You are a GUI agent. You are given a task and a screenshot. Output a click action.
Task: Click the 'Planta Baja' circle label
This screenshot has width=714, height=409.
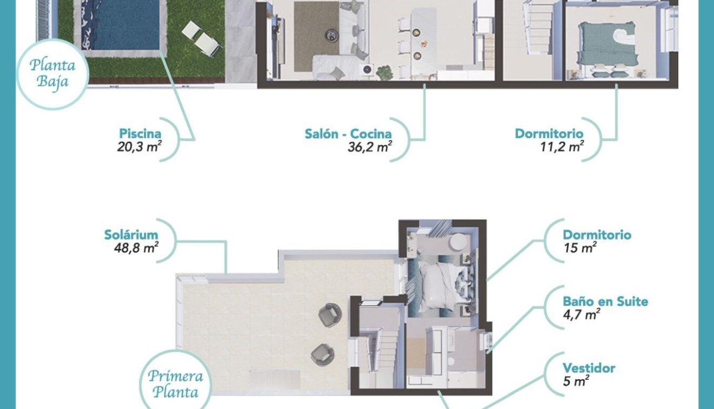tap(53, 75)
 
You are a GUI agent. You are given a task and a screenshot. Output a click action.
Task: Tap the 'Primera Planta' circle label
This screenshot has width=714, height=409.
tap(175, 384)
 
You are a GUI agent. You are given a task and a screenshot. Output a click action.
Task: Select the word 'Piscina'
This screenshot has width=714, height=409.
tap(140, 134)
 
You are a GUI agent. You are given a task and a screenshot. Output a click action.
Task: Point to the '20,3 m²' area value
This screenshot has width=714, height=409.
tap(139, 147)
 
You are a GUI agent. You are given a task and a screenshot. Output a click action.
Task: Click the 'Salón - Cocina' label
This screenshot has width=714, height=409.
tap(348, 134)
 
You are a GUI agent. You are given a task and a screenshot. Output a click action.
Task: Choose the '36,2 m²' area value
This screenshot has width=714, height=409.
tap(370, 147)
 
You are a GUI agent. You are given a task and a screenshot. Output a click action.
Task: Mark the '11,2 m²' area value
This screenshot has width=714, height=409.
tap(562, 147)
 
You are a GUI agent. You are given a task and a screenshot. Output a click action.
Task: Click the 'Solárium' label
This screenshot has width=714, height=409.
tap(131, 235)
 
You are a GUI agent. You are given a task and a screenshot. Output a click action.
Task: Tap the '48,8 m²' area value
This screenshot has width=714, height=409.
tap(133, 248)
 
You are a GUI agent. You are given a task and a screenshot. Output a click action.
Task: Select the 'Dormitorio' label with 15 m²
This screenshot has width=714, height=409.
tap(597, 235)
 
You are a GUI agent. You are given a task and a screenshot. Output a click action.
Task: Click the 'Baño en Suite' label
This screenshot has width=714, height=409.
tap(605, 301)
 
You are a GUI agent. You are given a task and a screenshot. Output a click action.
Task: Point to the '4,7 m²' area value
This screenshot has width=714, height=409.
tap(581, 314)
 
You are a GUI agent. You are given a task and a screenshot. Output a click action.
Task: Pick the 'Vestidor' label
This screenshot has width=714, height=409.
tap(589, 368)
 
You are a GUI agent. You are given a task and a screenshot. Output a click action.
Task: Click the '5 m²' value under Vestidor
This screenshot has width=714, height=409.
tap(576, 381)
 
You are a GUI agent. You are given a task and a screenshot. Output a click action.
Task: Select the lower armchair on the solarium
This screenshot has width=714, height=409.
tap(323, 354)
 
